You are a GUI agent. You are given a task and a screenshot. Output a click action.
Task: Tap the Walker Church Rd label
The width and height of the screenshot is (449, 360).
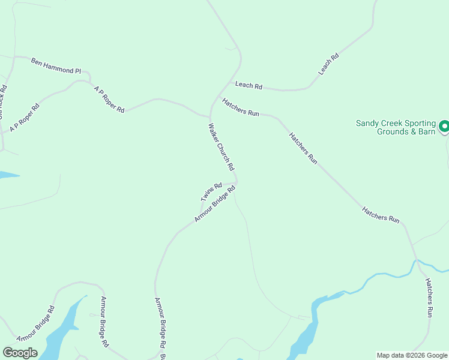(x=220, y=146)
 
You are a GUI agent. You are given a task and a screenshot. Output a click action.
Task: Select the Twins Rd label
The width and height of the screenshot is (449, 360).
(x=211, y=192)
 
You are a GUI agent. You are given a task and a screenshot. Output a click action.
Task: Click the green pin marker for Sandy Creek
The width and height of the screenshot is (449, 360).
(x=444, y=127)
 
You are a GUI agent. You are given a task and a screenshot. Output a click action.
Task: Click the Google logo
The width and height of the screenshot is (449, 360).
(x=20, y=353)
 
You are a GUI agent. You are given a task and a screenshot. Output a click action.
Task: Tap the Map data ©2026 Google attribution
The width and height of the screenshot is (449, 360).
(x=412, y=355)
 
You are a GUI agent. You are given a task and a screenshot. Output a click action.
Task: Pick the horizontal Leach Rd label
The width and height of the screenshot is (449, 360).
(x=249, y=86)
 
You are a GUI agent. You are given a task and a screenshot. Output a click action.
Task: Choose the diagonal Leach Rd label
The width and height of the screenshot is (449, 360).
(x=328, y=64)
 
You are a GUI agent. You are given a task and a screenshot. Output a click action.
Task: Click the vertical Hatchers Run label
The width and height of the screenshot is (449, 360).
(x=429, y=297)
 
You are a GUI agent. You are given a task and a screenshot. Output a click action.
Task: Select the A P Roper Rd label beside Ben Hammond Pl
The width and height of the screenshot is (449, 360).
(x=109, y=99)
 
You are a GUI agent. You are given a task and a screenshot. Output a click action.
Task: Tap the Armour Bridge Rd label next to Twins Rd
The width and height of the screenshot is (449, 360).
(x=214, y=204)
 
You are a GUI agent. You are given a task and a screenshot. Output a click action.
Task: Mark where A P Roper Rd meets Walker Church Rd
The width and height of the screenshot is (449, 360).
(x=209, y=115)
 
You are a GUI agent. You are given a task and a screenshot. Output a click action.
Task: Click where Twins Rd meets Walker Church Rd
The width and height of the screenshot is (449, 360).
(x=237, y=182)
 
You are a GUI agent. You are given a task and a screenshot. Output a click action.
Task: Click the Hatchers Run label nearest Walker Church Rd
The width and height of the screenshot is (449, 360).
(x=240, y=107)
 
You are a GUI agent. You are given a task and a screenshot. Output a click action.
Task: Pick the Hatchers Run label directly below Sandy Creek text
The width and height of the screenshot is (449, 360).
(x=303, y=148)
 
